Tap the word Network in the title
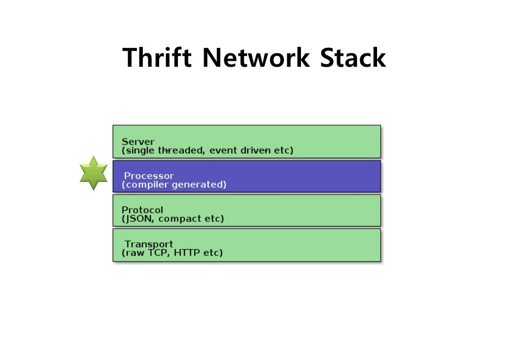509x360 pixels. point(255,58)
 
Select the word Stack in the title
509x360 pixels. point(352,58)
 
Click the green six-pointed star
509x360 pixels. point(93,173)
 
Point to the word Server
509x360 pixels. point(138,142)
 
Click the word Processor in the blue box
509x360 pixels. point(149,176)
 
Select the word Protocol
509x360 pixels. point(142,210)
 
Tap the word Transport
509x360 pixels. point(149,244)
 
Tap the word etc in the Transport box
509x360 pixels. point(212,253)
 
